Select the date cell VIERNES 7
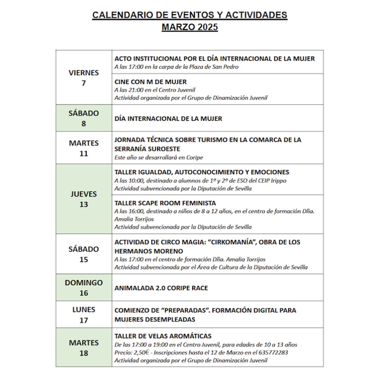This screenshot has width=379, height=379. click(84, 78)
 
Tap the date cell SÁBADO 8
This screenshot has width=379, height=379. click(84, 118)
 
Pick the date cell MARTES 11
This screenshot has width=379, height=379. click(84, 148)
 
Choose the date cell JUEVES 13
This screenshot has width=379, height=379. click(84, 199)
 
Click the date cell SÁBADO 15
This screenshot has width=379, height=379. click(84, 254)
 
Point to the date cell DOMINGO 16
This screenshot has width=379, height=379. click(84, 288)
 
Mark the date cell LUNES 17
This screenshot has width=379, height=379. click(84, 315)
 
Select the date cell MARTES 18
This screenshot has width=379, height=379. click(84, 348)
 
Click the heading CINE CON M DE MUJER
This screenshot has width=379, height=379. click(151, 82)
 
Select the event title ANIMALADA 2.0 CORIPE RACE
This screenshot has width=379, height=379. click(161, 288)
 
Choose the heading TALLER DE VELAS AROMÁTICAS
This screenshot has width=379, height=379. click(163, 336)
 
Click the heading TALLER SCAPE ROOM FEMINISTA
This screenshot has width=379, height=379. click(165, 203)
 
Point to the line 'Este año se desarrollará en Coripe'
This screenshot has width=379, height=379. click(159, 158)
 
